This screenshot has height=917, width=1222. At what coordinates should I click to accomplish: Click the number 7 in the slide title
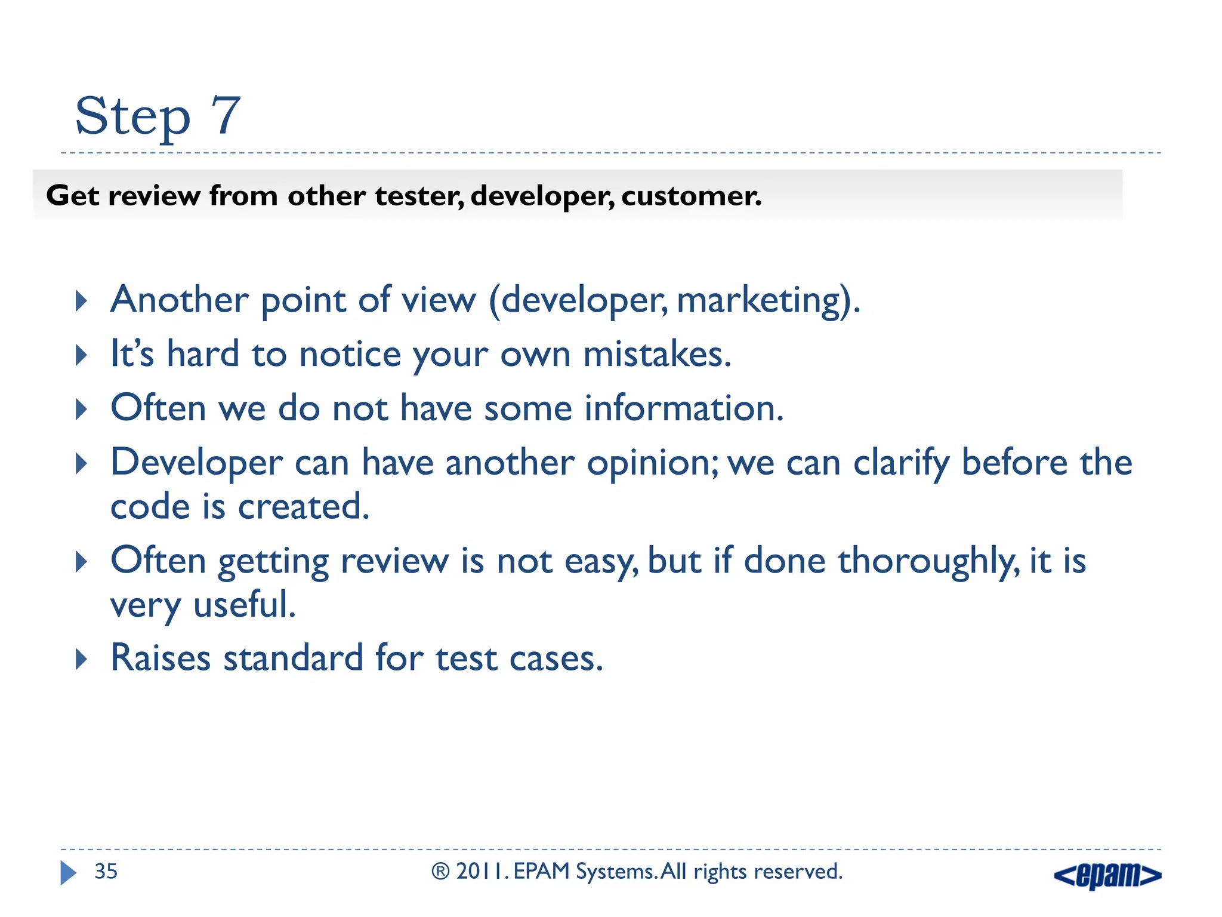point(226,115)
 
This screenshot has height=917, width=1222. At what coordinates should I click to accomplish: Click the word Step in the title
point(132,117)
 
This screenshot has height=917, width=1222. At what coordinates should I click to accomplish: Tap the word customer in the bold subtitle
point(691,196)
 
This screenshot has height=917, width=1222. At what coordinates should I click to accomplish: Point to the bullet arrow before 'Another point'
point(82,301)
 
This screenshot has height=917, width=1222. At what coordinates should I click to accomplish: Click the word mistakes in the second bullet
point(656,355)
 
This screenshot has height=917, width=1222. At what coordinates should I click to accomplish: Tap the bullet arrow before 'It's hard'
point(82,355)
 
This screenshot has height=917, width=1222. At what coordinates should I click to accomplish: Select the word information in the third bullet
point(683,409)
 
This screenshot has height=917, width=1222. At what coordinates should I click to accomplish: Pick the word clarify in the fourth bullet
point(901,464)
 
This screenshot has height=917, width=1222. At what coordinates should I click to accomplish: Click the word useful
point(245,605)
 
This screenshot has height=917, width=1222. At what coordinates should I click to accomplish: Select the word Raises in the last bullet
point(161,658)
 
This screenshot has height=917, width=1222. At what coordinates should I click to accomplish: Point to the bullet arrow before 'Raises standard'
point(82,660)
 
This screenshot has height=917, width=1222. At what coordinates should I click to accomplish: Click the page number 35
point(106,872)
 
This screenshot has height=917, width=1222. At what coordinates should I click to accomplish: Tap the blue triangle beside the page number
point(68,873)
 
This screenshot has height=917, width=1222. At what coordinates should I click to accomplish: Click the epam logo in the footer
point(1107,875)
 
